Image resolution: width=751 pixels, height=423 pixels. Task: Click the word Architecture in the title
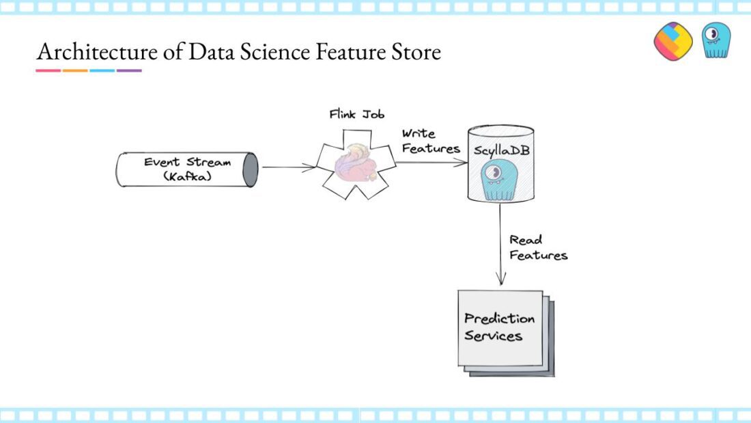[x=97, y=52]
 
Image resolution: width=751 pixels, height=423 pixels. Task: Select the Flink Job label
[x=357, y=114]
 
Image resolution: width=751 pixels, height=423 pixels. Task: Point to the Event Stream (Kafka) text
[x=187, y=169]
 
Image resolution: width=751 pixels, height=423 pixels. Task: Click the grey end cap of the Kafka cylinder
[x=250, y=169]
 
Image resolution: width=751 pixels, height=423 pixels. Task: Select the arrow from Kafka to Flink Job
[x=288, y=167]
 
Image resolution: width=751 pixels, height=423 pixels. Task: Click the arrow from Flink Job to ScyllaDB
[x=431, y=163]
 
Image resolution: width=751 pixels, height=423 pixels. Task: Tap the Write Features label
[x=431, y=141]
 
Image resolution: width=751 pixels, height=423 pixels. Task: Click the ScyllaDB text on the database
[x=502, y=150]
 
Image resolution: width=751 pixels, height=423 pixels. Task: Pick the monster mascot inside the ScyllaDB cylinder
[x=499, y=180]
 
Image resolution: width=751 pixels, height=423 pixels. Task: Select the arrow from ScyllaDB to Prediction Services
[x=500, y=244]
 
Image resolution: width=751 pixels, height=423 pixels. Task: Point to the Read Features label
[x=538, y=247]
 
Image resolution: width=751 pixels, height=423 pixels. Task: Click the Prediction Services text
[x=499, y=327]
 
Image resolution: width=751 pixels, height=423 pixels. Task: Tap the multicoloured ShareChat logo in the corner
[x=673, y=41]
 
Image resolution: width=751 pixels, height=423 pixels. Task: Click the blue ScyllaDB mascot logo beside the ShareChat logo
[x=716, y=40]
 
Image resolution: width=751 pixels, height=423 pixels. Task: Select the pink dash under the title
[x=48, y=70]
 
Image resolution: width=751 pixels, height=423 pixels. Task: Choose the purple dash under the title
[x=129, y=70]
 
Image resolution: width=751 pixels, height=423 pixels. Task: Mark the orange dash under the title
[x=74, y=70]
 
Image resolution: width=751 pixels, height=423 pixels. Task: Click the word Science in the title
[x=275, y=52]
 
